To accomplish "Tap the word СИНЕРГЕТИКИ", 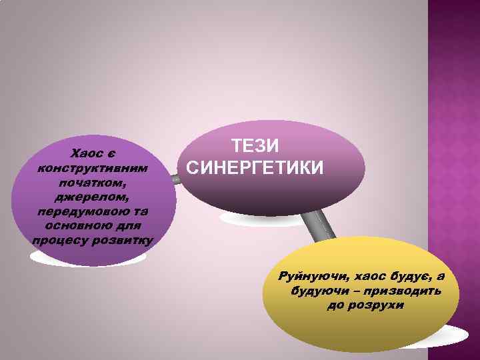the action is coord(255,167).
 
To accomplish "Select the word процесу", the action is coord(60,240).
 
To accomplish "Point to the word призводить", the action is coord(406,291).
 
